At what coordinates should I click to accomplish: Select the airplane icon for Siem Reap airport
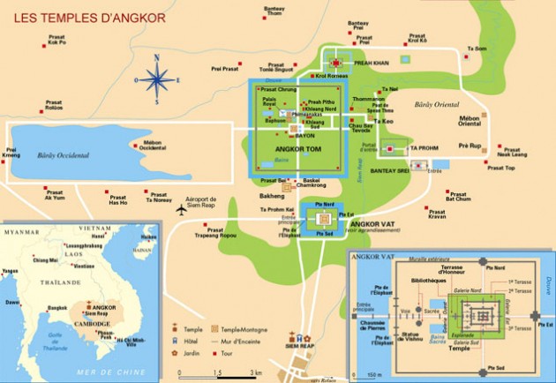click(x=182, y=210)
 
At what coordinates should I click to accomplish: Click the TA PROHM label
click(x=425, y=147)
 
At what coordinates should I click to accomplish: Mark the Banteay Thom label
click(x=275, y=11)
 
